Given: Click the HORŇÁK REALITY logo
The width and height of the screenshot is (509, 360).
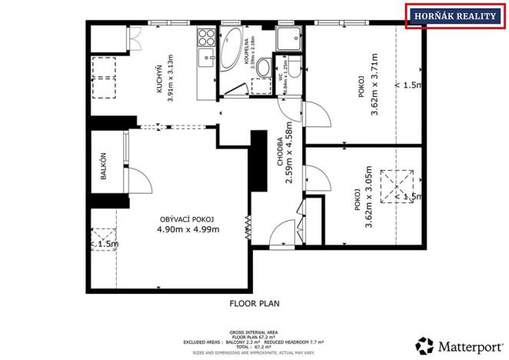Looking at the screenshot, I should [454, 15].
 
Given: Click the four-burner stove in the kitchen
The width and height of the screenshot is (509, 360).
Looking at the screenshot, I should [206, 37].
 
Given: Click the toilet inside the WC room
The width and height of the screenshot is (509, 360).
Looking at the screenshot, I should [264, 69].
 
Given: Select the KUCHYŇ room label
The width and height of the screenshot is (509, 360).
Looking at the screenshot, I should [159, 78].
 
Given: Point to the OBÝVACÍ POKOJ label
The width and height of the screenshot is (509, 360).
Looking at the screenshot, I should [187, 218].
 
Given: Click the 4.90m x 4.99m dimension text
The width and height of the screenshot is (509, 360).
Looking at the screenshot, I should [188, 229].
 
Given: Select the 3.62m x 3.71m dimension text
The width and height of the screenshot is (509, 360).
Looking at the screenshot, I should [374, 85].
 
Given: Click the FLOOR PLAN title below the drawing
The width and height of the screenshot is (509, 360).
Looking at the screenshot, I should [254, 303].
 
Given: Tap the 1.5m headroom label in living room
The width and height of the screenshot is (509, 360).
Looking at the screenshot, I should [105, 244].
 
